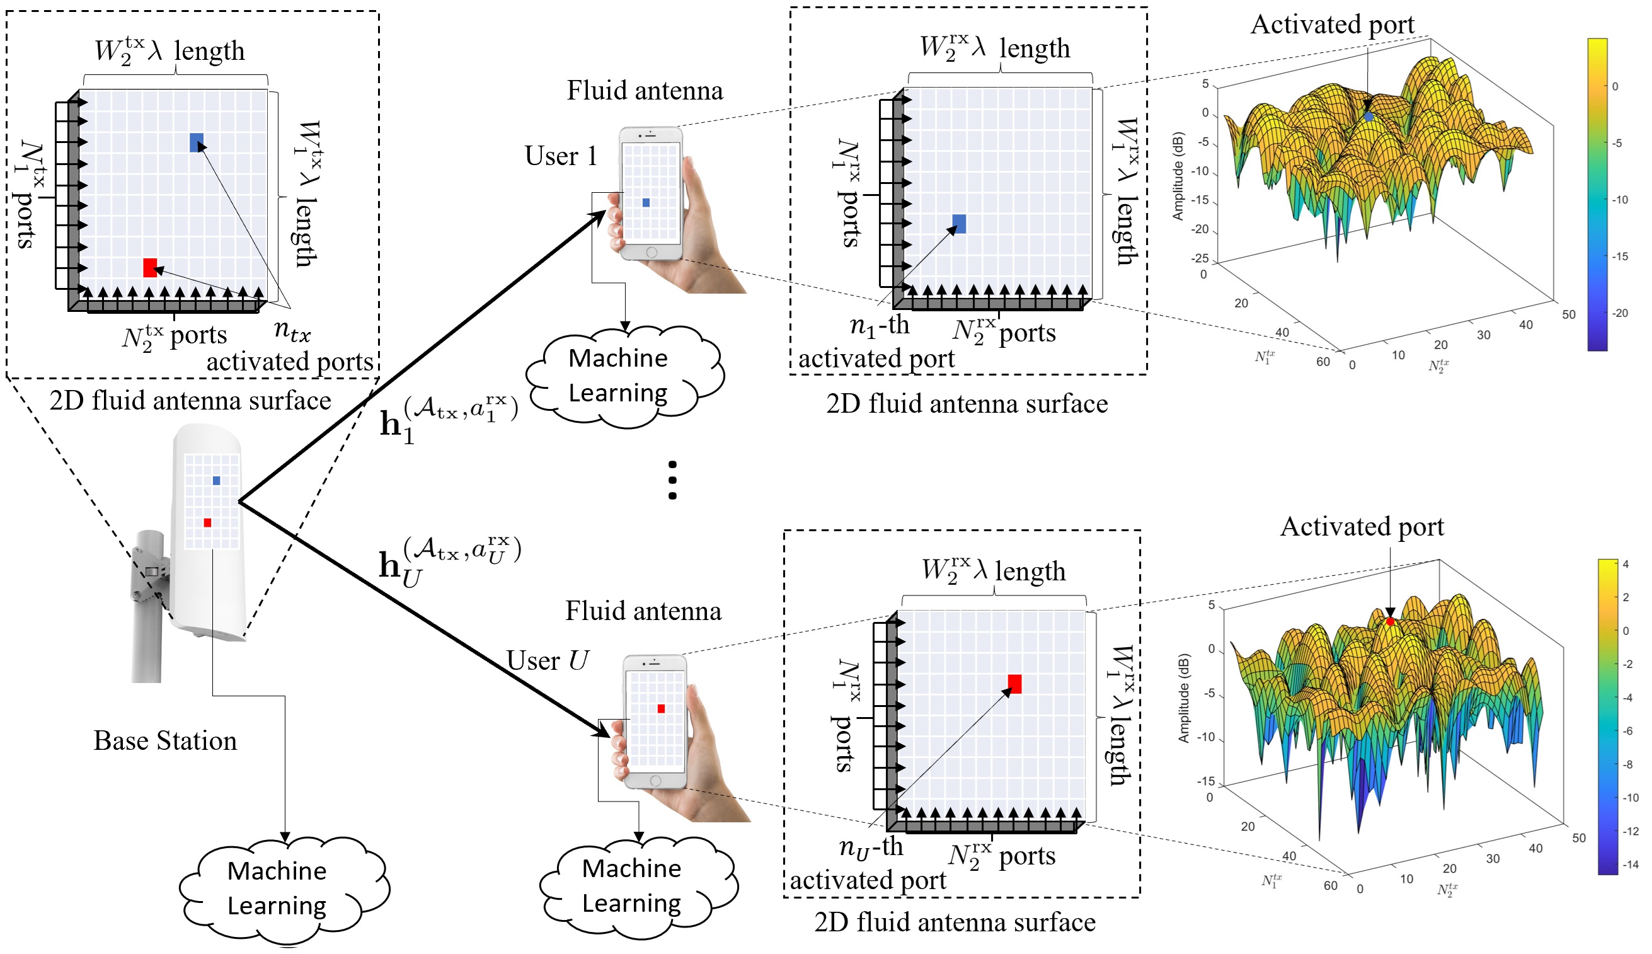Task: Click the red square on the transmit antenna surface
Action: (150, 267)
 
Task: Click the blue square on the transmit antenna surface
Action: (197, 142)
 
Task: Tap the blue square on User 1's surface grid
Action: (958, 224)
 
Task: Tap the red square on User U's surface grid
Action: (1014, 684)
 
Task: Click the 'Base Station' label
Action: (165, 740)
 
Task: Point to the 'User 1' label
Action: (561, 156)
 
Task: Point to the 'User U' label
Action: (547, 660)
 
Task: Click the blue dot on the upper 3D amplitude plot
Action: (1368, 117)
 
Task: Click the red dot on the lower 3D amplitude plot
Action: (1390, 621)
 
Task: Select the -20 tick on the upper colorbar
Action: (1620, 313)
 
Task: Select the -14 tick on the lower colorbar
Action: (1631, 865)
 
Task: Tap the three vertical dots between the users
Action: (672, 480)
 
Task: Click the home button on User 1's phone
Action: (651, 252)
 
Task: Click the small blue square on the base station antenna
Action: (216, 481)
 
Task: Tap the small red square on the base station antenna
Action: (207, 523)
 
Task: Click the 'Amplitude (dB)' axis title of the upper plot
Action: (1178, 176)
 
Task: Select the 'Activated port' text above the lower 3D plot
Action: (1362, 527)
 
